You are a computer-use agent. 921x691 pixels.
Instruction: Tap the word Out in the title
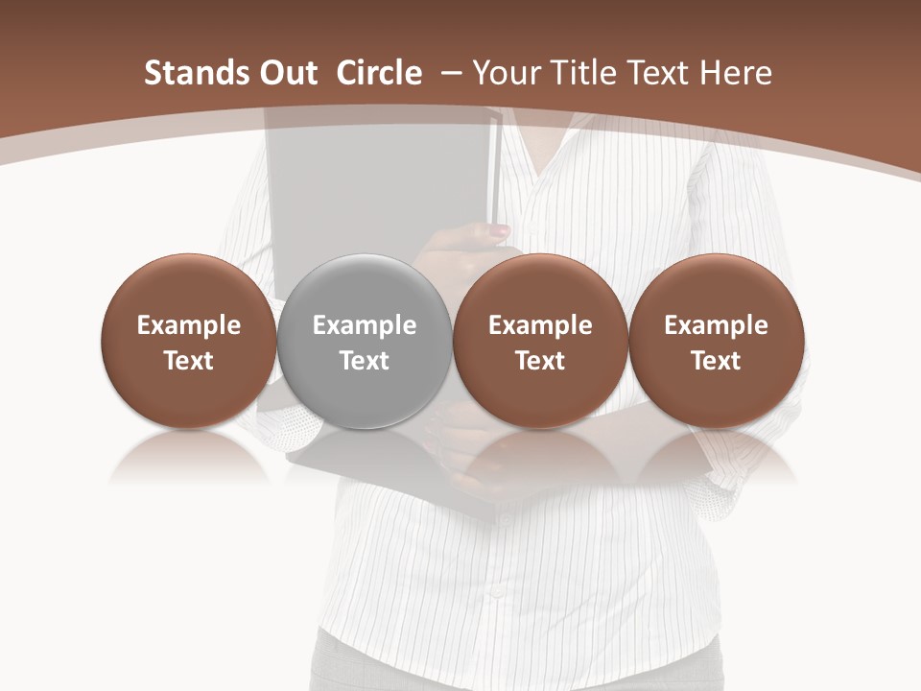[x=287, y=73]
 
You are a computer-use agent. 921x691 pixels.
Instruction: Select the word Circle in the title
[x=379, y=73]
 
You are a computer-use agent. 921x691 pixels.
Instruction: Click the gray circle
[x=365, y=342]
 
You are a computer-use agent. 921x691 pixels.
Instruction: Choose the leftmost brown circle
[x=188, y=342]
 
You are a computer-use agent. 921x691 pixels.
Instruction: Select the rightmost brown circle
[x=716, y=342]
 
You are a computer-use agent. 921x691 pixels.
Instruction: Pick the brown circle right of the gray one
[x=540, y=342]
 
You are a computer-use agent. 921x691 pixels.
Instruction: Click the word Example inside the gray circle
[x=365, y=325]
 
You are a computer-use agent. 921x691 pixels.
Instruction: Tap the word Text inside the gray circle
[x=365, y=361]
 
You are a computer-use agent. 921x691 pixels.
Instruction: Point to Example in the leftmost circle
[x=188, y=325]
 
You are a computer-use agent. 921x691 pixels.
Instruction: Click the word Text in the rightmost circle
[x=716, y=361]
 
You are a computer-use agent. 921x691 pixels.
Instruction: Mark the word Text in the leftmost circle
[x=188, y=361]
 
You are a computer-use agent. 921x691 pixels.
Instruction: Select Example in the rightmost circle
[x=716, y=325]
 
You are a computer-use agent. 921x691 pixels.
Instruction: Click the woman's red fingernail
[x=501, y=231]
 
